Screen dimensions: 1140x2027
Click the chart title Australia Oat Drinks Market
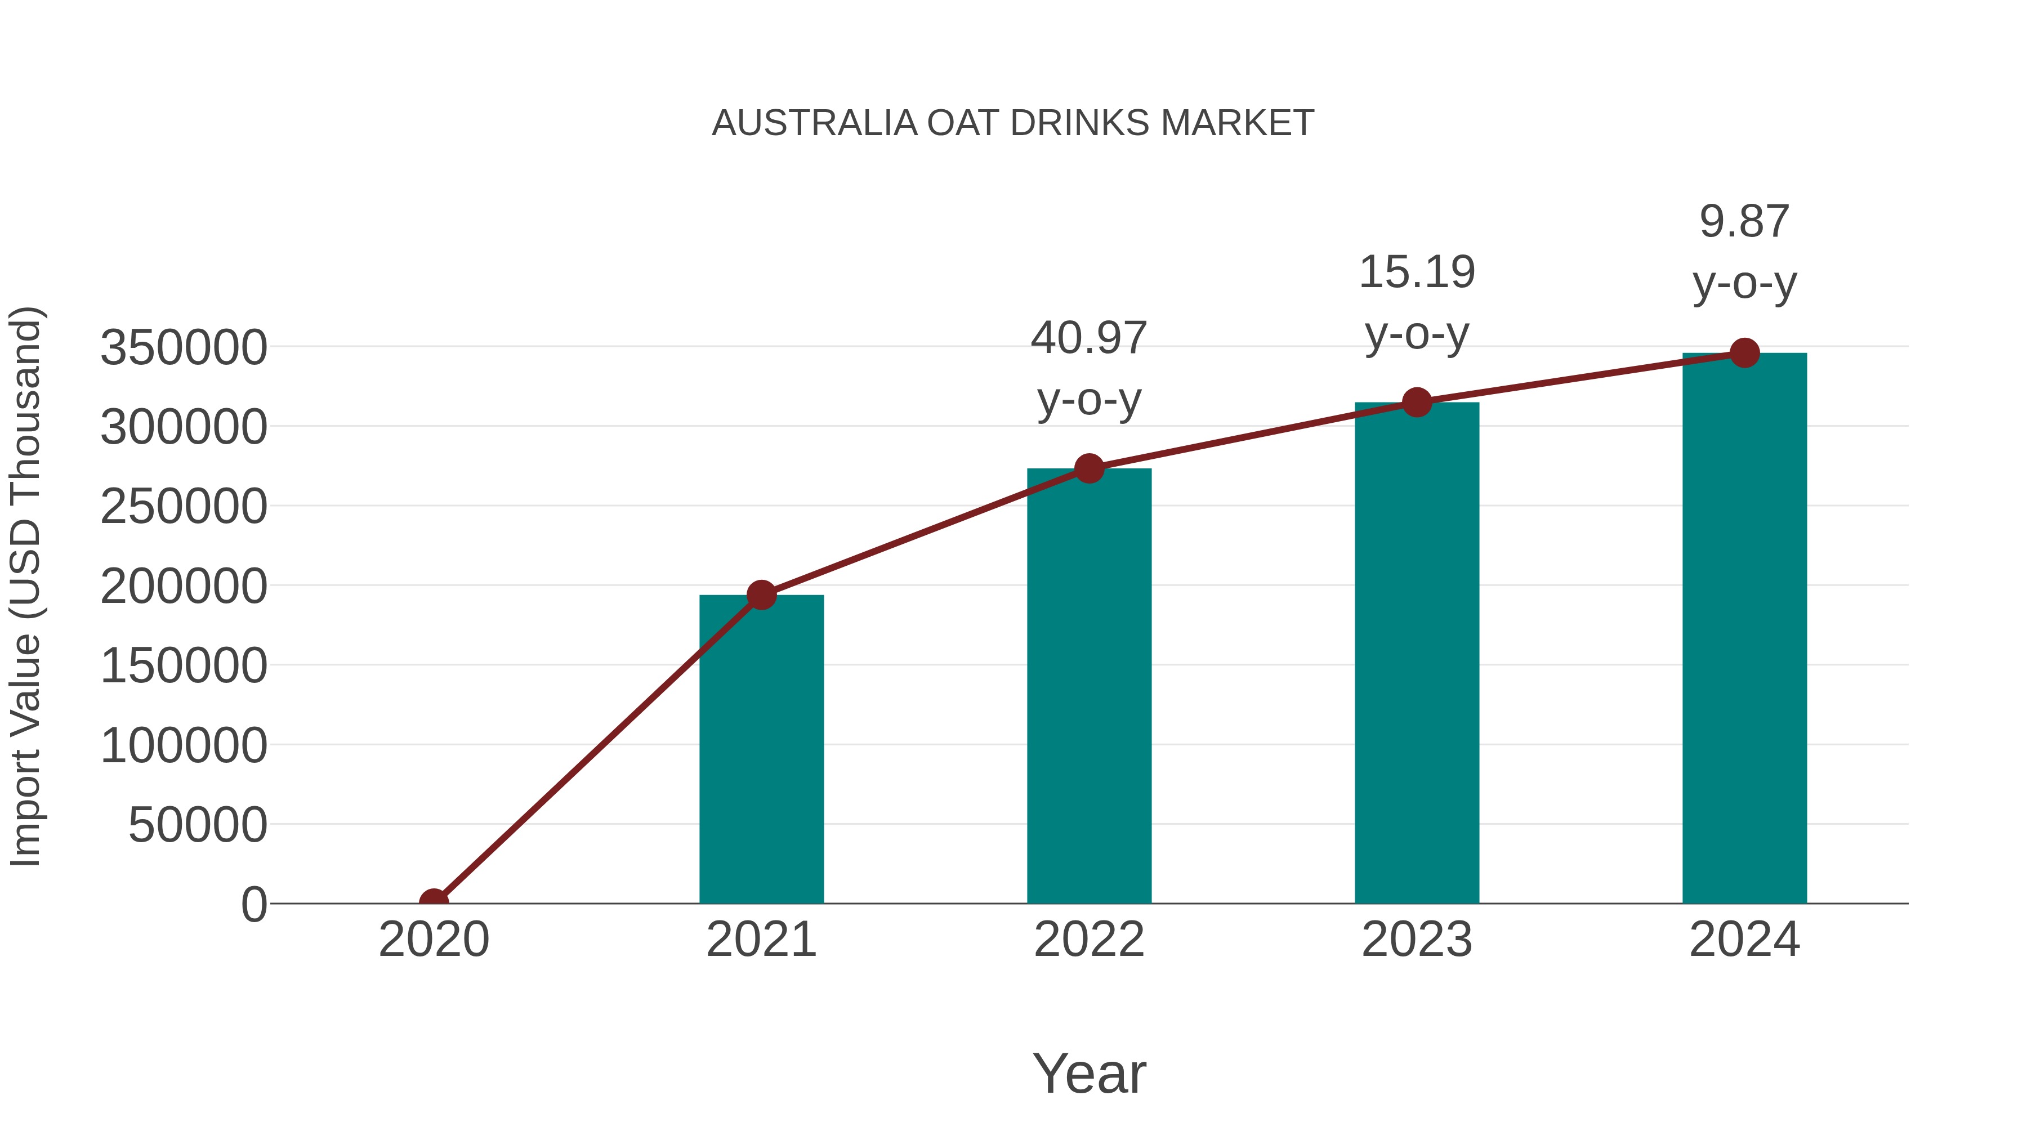click(1013, 123)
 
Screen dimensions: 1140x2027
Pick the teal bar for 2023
click(1417, 653)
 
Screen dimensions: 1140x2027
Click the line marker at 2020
click(434, 902)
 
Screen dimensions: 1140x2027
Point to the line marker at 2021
click(762, 596)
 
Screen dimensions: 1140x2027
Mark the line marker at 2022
click(1089, 469)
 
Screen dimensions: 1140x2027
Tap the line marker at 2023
click(1417, 403)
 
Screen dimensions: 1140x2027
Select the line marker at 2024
click(1744, 353)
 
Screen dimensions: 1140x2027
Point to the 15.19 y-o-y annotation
click(1417, 302)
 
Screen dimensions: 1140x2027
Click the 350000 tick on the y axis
click(184, 348)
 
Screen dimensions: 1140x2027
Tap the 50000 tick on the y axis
click(198, 825)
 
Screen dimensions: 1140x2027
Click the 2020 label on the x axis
click(434, 940)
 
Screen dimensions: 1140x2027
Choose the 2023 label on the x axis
click(1417, 940)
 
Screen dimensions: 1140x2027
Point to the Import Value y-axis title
click(26, 586)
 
